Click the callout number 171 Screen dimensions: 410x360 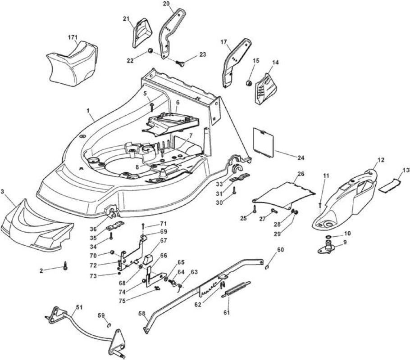73,37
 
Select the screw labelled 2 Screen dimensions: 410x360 65,266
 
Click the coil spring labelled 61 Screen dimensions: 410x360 236,290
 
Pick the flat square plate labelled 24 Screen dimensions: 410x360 264,142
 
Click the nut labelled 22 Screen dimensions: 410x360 150,50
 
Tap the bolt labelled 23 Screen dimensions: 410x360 179,63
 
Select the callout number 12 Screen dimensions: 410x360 381,160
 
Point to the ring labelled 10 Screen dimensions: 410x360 328,237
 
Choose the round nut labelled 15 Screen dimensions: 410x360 249,83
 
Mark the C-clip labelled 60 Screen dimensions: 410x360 266,267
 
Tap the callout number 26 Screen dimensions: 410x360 301,173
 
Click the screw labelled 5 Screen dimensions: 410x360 151,107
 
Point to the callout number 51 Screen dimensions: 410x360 79,307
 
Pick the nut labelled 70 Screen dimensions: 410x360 112,252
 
